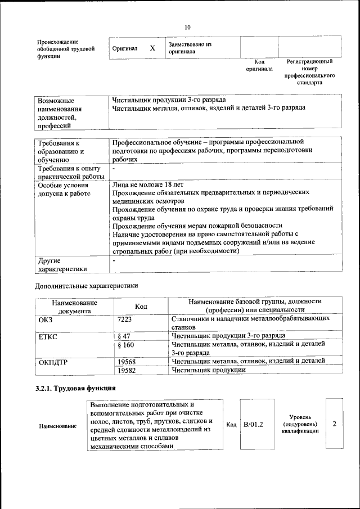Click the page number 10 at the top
coord(187,26)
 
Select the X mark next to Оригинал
coord(152,48)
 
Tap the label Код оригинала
coord(259,65)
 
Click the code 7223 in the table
coord(124,319)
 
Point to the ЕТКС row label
coord(48,336)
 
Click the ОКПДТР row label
coord(53,362)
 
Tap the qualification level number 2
coord(334,423)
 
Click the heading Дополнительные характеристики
coord(86,286)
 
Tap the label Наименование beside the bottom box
coord(57,426)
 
